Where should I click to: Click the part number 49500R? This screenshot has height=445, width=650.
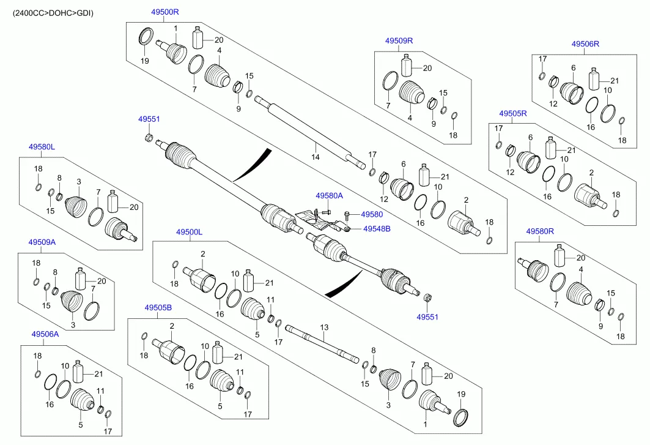click(x=165, y=12)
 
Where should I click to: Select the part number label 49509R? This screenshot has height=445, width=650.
click(x=399, y=41)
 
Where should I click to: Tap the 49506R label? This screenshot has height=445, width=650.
click(x=585, y=44)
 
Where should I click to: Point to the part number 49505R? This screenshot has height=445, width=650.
click(x=512, y=114)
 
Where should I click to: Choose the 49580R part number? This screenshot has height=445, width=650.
click(x=540, y=231)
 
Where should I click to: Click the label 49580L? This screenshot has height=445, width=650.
click(x=42, y=147)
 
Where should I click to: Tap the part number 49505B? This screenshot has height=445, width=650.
click(x=158, y=308)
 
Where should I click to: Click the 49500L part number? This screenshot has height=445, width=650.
click(x=189, y=233)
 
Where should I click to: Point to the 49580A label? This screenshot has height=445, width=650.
click(x=329, y=196)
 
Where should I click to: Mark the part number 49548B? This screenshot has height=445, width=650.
click(x=377, y=229)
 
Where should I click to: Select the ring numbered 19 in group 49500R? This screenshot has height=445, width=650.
click(x=146, y=37)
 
